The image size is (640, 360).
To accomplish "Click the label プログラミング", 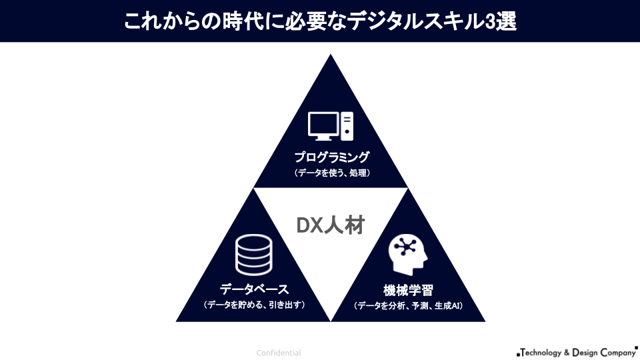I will (331, 158).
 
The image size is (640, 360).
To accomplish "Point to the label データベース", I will (254, 289).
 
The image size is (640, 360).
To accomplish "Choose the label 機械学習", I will (408, 291).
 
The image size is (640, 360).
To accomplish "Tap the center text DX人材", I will (331, 225).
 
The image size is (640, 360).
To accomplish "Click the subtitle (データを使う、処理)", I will (331, 173).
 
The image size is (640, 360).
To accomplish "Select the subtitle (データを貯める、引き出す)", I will (254, 305).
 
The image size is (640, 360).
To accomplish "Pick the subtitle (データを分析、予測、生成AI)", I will (408, 306).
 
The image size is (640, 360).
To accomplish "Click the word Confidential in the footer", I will (279, 353).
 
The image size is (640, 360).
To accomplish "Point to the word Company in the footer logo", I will (616, 352).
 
